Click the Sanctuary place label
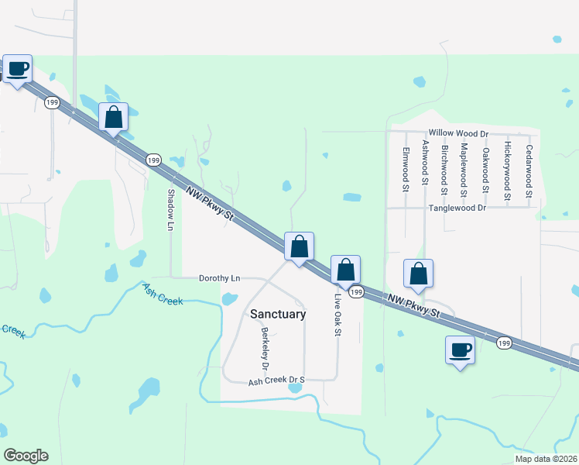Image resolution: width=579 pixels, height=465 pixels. click(x=278, y=315)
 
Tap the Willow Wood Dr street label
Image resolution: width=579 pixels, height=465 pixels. click(x=460, y=134)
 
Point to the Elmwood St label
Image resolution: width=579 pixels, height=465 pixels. click(x=405, y=169)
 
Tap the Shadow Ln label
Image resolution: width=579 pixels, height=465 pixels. click(x=171, y=210)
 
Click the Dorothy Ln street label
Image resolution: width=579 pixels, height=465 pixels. click(x=220, y=278)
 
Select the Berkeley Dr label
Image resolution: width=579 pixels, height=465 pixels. click(x=265, y=348)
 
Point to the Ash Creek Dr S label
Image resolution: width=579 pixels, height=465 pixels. click(x=276, y=381)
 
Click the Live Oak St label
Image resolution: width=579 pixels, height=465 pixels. click(x=337, y=314)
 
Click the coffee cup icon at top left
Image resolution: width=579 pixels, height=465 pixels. click(x=17, y=68)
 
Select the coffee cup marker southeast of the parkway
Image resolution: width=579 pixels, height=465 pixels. click(x=460, y=350)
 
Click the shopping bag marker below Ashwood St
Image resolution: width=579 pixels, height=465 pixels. click(x=418, y=274)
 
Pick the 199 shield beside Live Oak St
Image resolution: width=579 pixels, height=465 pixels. click(x=355, y=291)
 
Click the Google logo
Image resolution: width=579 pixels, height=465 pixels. click(x=26, y=456)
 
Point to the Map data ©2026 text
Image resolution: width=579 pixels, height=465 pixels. click(x=544, y=459)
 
